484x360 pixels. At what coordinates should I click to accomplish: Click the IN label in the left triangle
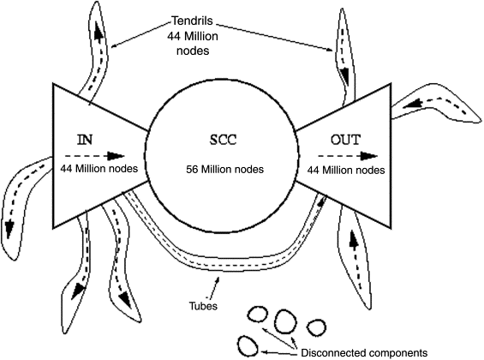(85, 140)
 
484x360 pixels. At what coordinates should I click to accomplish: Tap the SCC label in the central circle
(224, 140)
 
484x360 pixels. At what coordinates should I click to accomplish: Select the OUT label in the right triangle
(346, 140)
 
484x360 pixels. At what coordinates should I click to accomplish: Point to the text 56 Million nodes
(224, 169)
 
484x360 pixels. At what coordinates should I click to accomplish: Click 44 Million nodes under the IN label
(99, 169)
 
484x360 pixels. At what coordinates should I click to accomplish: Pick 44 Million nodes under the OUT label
(346, 170)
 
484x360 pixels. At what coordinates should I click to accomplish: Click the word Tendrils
(192, 21)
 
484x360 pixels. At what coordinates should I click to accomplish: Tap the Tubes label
(203, 306)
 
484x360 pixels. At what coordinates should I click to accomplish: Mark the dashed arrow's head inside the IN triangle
(116, 156)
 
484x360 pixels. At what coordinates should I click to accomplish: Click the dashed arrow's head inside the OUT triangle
(369, 156)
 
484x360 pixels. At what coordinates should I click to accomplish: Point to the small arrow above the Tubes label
(215, 287)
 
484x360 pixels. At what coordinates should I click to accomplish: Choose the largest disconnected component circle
(285, 321)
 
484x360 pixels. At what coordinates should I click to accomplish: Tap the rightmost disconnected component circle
(316, 327)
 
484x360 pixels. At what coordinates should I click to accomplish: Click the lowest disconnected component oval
(248, 346)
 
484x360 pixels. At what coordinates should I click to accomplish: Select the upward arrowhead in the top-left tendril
(99, 34)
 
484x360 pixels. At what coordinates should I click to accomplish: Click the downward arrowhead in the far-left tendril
(9, 229)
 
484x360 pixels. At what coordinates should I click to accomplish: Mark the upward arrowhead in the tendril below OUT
(354, 239)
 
